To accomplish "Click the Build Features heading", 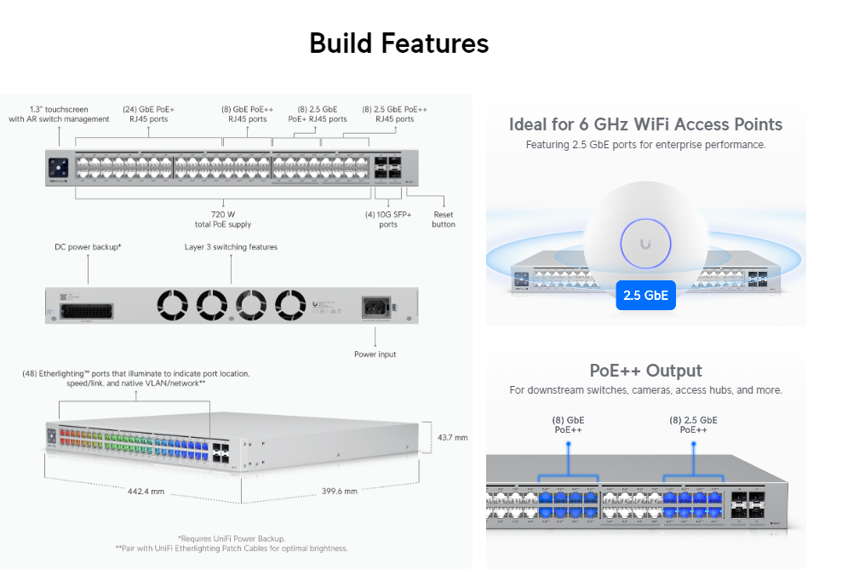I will (398, 43).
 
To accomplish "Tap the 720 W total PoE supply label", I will (223, 219).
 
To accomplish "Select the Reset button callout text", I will (444, 219).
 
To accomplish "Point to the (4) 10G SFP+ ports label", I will (388, 219).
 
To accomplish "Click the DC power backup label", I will (88, 247).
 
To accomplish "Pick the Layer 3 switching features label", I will (231, 247).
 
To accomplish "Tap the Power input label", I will (375, 354).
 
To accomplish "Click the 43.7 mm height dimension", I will (452, 437).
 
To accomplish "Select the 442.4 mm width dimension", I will (146, 492).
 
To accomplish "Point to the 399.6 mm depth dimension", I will (340, 491).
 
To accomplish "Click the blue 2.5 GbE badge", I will (645, 296).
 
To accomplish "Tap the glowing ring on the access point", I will (645, 245).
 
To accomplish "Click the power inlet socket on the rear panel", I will (376, 306).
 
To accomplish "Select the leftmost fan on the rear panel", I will (171, 304).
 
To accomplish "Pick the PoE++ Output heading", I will (645, 371).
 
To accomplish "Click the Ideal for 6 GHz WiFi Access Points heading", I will (645, 124).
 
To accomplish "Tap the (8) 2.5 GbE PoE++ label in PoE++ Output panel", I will (693, 425).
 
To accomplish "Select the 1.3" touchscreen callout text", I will (60, 114).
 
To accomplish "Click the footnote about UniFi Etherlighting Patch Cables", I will (232, 549).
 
